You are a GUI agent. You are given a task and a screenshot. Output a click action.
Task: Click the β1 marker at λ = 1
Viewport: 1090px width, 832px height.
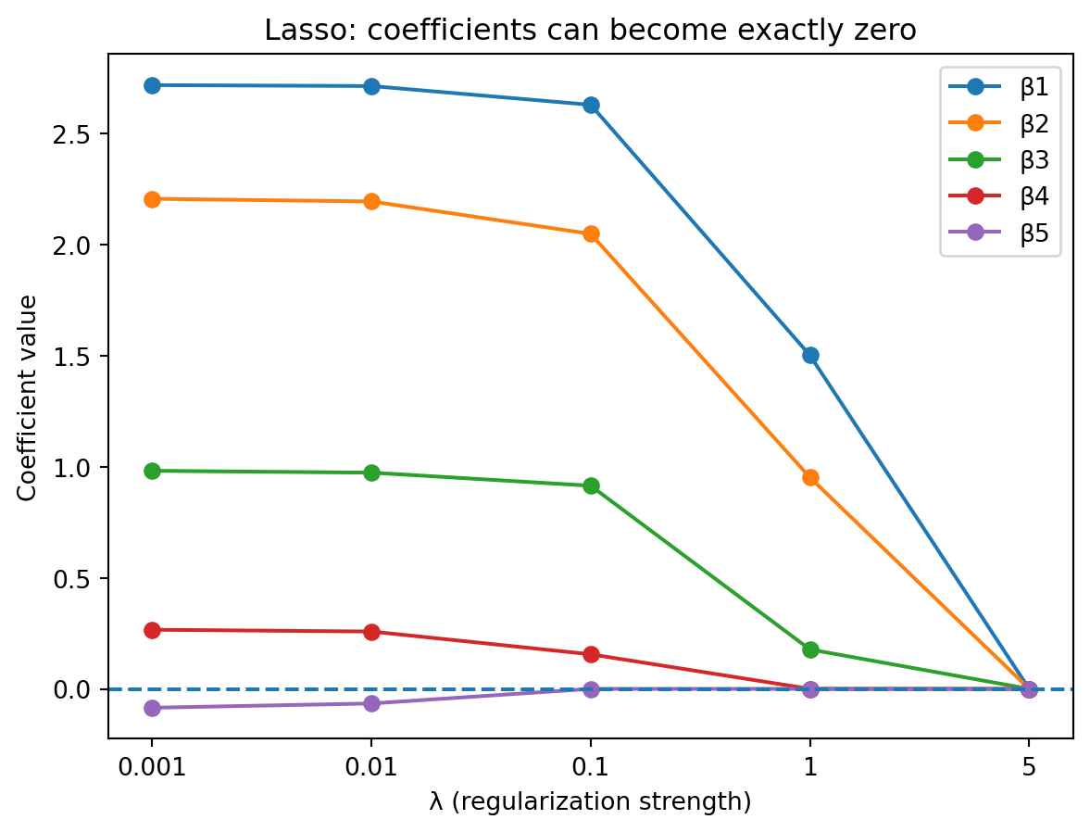810,355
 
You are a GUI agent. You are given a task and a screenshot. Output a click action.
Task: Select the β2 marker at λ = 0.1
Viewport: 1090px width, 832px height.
591,233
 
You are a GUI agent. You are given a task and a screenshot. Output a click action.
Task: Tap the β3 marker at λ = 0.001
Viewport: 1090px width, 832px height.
153,471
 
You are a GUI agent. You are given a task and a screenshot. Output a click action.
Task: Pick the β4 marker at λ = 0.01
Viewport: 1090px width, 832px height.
371,632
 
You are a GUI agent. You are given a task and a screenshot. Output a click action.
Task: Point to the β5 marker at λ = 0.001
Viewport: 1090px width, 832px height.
153,708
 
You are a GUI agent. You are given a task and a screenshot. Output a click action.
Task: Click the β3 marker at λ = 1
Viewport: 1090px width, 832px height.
810,649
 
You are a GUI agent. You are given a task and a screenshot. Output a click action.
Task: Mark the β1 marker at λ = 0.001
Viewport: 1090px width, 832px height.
153,85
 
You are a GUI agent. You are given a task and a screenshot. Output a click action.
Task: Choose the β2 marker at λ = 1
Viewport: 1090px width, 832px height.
810,477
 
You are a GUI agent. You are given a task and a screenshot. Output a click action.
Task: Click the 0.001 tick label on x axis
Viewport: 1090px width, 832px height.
153,766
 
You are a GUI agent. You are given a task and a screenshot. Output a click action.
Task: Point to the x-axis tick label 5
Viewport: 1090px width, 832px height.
1029,766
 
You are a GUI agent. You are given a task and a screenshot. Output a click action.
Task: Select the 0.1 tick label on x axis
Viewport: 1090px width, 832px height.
591,766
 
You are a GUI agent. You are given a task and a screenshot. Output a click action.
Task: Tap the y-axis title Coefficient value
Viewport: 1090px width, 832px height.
29,397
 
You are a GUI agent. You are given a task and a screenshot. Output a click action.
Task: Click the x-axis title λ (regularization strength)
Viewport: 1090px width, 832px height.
590,801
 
